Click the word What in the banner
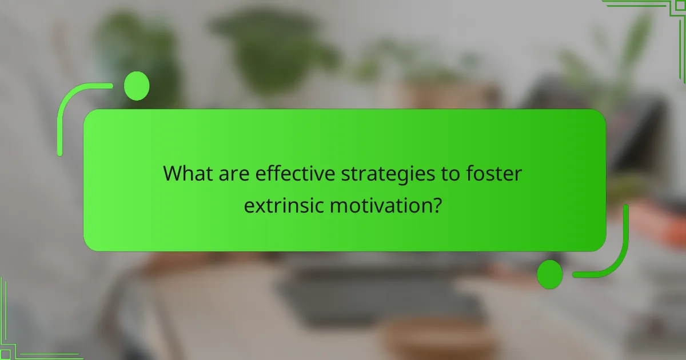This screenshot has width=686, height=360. tap(188, 174)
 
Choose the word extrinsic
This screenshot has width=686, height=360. tap(284, 205)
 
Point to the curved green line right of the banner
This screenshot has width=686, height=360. tap(620, 251)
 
